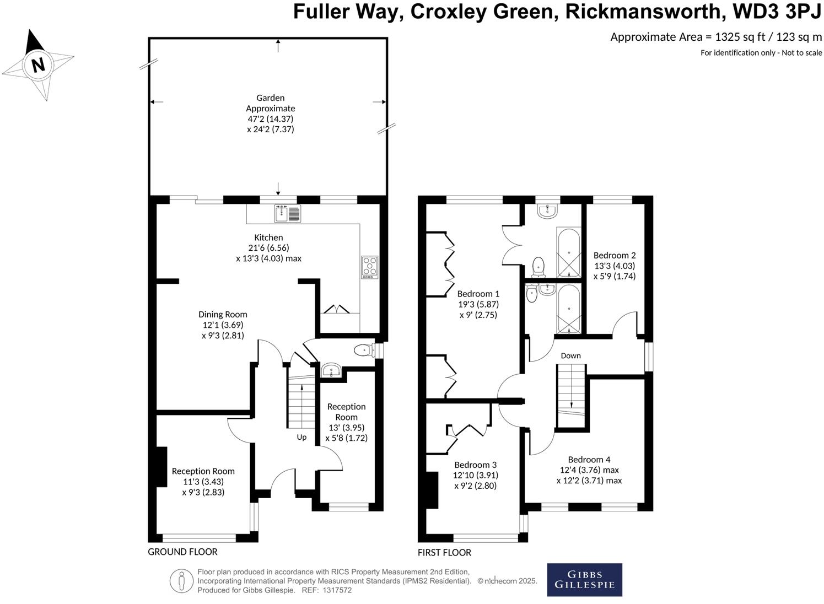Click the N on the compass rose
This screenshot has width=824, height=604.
point(39,65)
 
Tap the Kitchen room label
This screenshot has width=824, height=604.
point(268,238)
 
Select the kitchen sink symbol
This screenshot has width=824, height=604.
point(287,213)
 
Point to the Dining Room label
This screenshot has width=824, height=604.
point(223,315)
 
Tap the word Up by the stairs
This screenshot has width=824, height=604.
point(301,438)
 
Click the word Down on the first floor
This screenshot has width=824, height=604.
point(570,355)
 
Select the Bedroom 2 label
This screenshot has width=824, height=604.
point(615,255)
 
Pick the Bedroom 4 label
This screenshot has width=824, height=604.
point(589,460)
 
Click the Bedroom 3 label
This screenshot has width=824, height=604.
point(475,465)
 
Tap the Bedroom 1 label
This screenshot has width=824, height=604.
point(478,294)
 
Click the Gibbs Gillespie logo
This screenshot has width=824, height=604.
point(585,580)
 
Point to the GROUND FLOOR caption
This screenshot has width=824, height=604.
point(182,552)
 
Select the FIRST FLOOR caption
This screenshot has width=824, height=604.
point(444,553)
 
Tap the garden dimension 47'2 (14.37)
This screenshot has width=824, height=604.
point(271,119)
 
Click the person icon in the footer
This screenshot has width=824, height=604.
point(181,581)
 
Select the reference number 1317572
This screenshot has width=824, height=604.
point(337,590)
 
